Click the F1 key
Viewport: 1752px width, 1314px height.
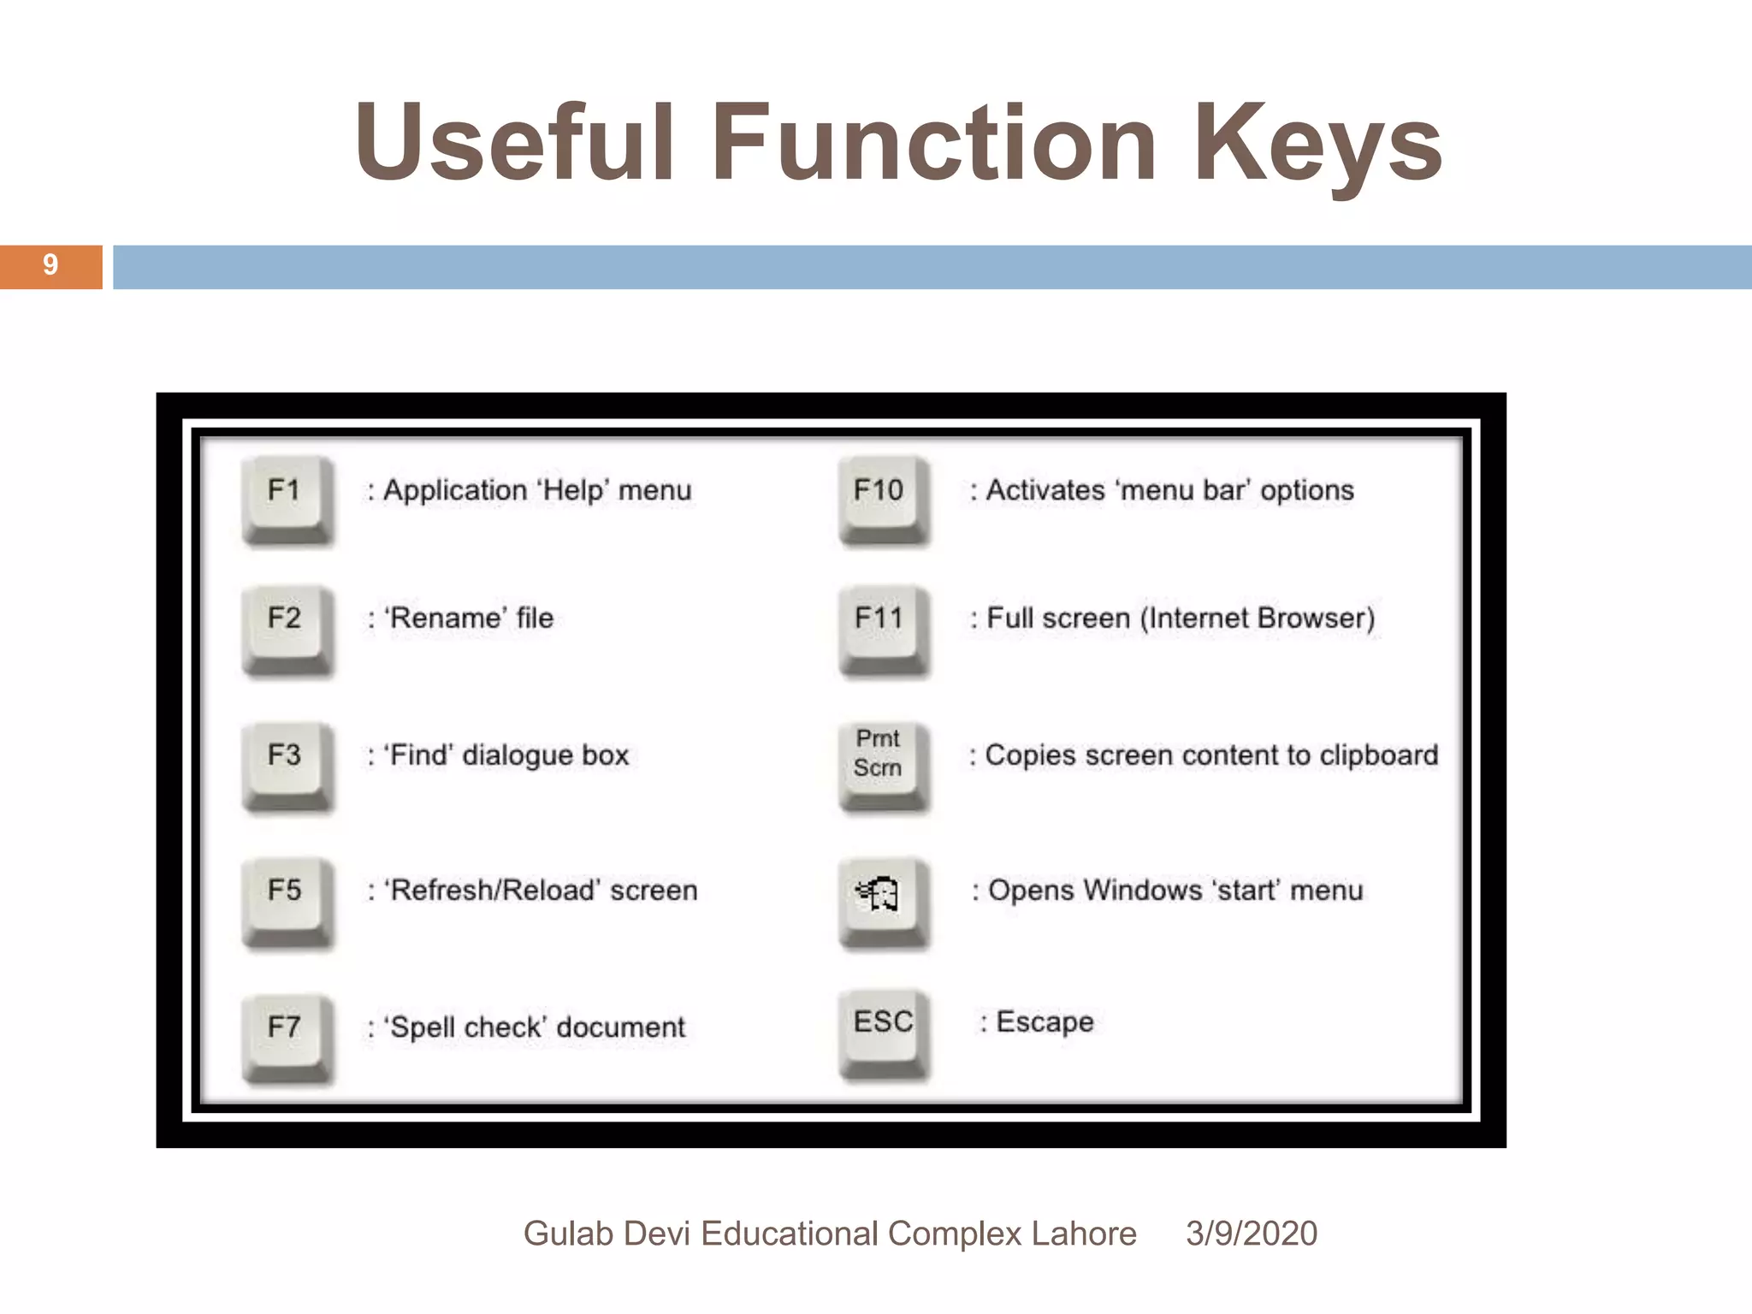point(286,497)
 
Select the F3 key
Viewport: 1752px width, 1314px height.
point(286,762)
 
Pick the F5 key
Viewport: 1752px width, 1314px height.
point(286,897)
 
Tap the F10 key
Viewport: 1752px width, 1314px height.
point(881,497)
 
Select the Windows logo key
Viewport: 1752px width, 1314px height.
point(881,897)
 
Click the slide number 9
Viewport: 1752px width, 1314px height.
point(50,266)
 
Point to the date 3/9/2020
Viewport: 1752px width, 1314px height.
point(1251,1234)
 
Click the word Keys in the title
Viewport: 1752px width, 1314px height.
point(1317,144)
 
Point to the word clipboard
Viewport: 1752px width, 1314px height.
point(1378,755)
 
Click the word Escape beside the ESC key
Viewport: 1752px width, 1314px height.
point(1045,1022)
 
